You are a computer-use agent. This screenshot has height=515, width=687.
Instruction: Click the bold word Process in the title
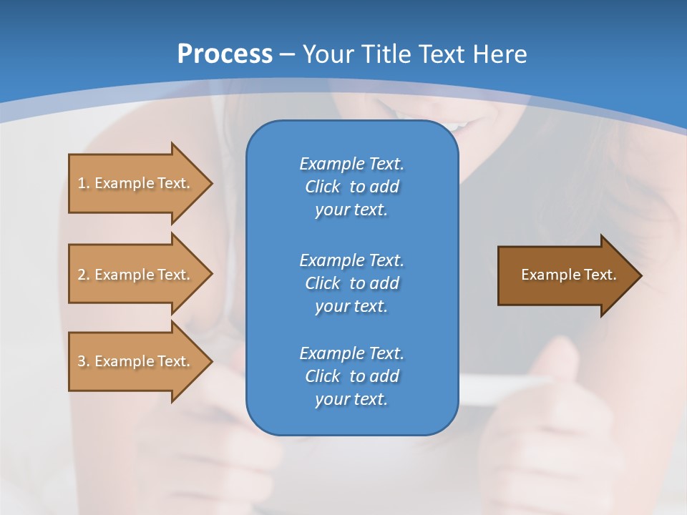[x=225, y=54]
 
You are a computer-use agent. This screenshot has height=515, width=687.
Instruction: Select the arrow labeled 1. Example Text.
[x=134, y=183]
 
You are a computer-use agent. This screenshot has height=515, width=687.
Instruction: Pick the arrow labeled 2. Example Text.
[x=134, y=275]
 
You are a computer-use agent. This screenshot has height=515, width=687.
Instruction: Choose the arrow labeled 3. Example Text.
[x=134, y=361]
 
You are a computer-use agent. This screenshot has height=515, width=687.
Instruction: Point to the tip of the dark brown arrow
[x=639, y=275]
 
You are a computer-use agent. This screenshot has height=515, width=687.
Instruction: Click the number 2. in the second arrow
[x=84, y=275]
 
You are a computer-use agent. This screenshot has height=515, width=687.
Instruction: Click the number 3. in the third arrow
[x=84, y=361]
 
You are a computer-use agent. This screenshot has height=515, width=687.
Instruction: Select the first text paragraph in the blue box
[x=351, y=187]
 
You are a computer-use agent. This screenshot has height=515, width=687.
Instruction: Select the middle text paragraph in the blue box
[x=351, y=283]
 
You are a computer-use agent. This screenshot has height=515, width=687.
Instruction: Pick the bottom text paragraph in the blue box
[x=351, y=376]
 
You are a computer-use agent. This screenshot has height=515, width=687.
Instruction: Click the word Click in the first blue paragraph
[x=323, y=187]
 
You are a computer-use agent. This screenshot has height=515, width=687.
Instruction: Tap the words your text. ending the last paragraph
[x=351, y=399]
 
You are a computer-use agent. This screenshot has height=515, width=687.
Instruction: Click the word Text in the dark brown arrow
[x=601, y=275]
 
